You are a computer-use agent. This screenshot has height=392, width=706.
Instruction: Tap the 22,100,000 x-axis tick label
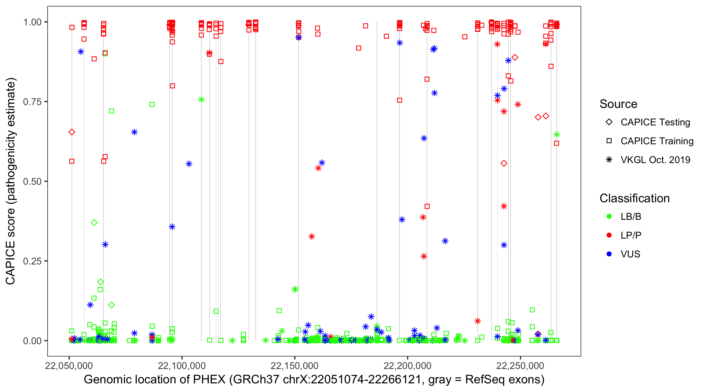pos(182,366)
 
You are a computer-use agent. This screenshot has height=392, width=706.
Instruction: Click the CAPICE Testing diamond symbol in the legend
pos(609,122)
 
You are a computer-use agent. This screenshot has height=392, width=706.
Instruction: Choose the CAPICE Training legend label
pos(657,141)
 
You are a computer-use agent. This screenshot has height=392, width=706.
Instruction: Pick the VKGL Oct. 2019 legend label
pos(655,160)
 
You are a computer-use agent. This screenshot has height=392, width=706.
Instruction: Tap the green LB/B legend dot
pos(609,216)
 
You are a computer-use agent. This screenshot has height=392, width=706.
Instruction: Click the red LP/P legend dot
pos(609,235)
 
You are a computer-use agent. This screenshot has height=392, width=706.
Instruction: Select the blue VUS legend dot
pos(609,254)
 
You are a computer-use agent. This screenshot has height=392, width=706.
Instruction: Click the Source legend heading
pos(618,104)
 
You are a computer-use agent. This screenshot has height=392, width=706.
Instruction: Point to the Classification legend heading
pos(634,198)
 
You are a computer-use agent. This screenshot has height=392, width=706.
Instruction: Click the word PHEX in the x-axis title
pos(209,380)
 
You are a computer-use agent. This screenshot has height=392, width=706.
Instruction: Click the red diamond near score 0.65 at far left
pos(72,132)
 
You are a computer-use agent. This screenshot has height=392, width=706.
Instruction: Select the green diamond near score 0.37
pos(94,222)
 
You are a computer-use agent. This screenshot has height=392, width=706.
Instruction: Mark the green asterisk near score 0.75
pos(201,100)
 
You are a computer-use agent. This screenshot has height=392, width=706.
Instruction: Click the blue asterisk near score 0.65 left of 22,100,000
pos(134,132)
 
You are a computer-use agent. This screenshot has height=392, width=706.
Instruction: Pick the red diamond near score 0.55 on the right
pos(504,164)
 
